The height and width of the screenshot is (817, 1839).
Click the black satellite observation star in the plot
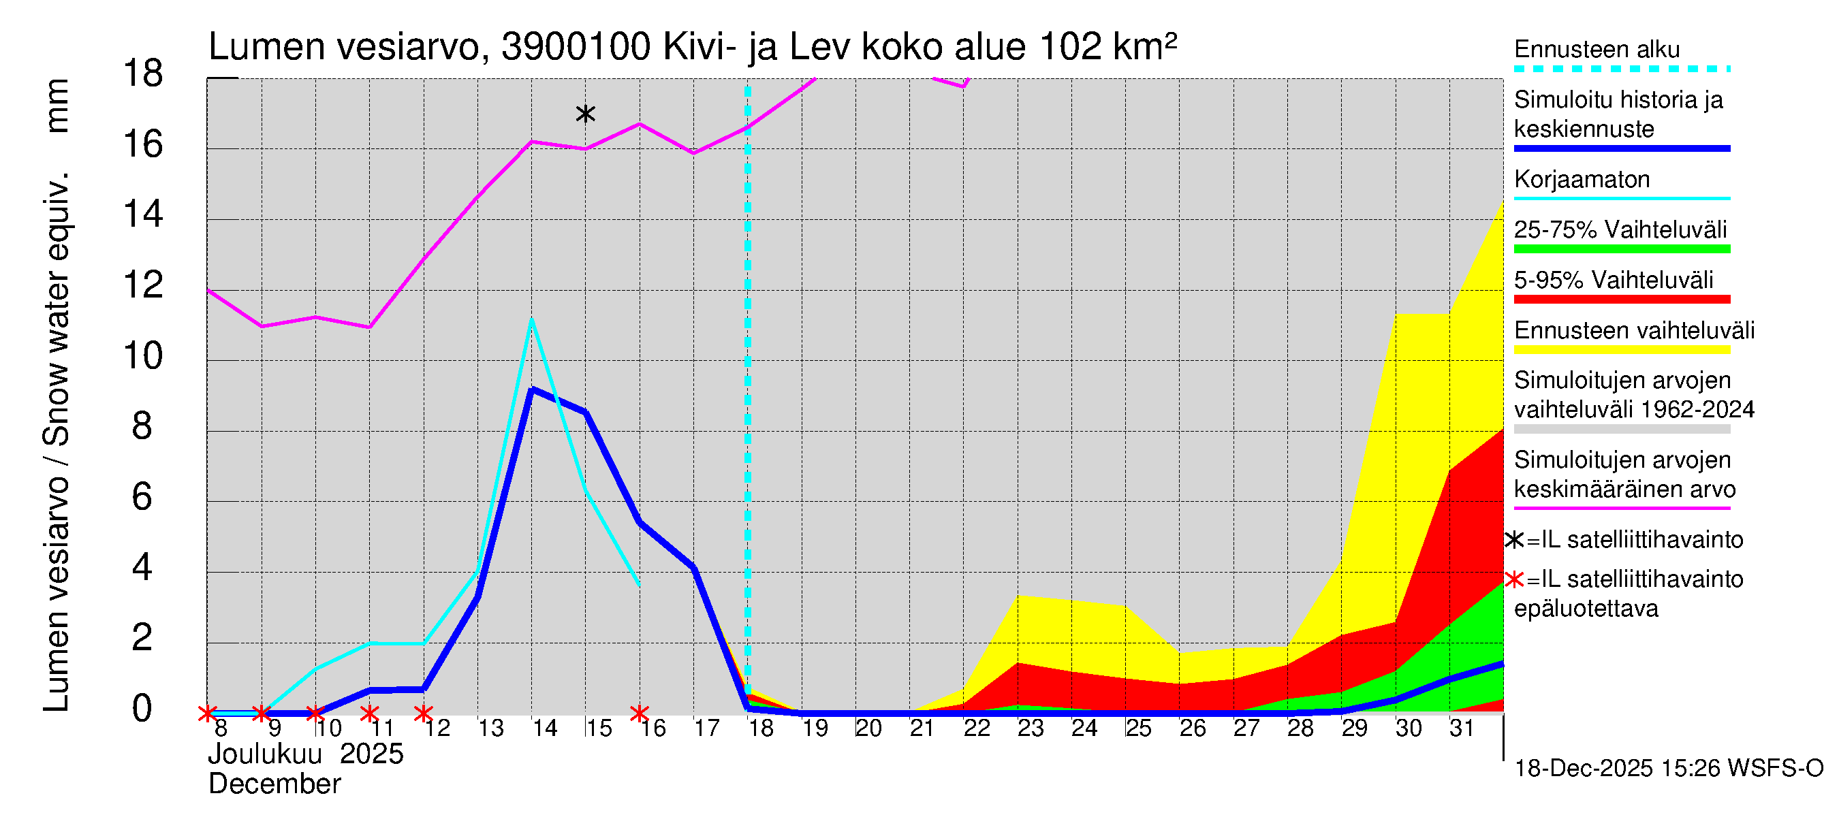pyautogui.click(x=584, y=114)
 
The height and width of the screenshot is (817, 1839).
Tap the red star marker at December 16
pyautogui.click(x=639, y=713)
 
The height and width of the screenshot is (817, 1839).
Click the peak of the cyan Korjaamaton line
pyautogui.click(x=531, y=320)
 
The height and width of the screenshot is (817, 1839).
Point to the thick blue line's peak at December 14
pyautogui.click(x=531, y=389)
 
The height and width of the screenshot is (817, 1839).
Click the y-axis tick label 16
pyautogui.click(x=143, y=145)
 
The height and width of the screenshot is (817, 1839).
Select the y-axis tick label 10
pyautogui.click(x=143, y=356)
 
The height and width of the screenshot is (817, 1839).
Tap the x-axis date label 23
pyautogui.click(x=1030, y=728)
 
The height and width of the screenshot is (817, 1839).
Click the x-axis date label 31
pyautogui.click(x=1462, y=728)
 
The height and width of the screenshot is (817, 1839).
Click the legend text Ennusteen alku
pyautogui.click(x=1597, y=49)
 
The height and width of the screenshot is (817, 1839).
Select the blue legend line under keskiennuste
pyautogui.click(x=1621, y=148)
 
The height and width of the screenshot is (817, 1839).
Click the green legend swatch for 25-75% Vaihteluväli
pyautogui.click(x=1621, y=249)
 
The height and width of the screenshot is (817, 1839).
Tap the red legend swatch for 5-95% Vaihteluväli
pyautogui.click(x=1621, y=300)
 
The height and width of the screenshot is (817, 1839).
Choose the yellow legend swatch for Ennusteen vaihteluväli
pyautogui.click(x=1621, y=350)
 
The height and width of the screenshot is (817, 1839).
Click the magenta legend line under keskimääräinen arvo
pyautogui.click(x=1621, y=508)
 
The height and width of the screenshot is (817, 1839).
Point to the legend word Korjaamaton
pyautogui.click(x=1582, y=179)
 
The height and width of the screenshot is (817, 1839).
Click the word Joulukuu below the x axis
pyautogui.click(x=264, y=754)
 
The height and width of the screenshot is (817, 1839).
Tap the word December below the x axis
pyautogui.click(x=274, y=784)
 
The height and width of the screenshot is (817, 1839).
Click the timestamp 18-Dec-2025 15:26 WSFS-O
pyautogui.click(x=1668, y=769)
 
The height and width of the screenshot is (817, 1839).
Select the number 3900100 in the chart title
pyautogui.click(x=576, y=47)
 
